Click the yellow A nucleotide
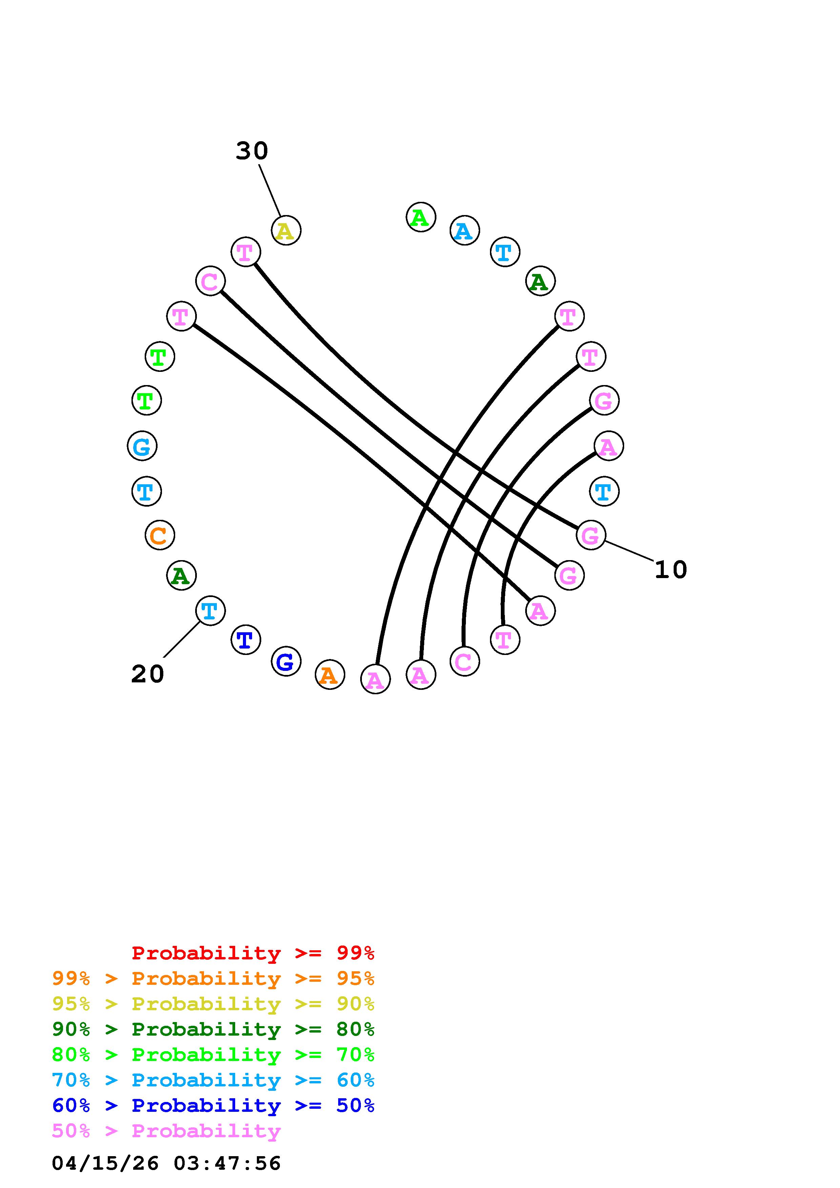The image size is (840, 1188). tap(286, 231)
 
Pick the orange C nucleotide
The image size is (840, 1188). tap(159, 535)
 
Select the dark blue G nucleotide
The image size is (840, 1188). tap(286, 661)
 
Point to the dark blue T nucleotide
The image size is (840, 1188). tap(245, 640)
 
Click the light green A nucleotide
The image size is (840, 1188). tap(421, 217)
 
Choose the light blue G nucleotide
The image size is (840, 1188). tap(142, 446)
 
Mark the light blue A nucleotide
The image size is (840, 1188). tap(464, 231)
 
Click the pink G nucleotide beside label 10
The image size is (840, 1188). tap(591, 535)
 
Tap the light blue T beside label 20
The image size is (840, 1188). tap(210, 611)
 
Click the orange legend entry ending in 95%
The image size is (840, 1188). tap(213, 978)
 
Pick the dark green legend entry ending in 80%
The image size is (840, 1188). tap(213, 1029)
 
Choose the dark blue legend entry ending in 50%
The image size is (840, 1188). tap(213, 1105)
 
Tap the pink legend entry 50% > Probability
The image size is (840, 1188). tap(166, 1130)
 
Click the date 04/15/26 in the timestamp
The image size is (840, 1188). tap(105, 1163)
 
